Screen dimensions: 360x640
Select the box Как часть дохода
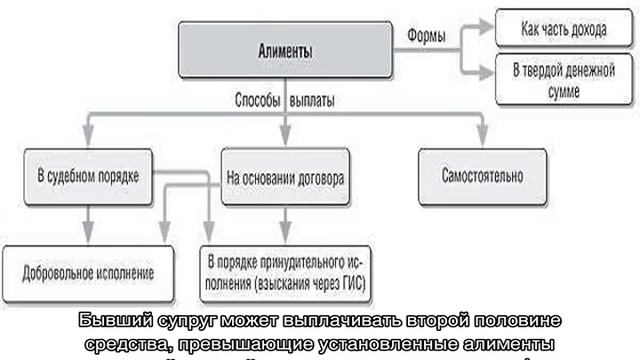click(562, 29)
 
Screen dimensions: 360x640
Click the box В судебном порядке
click(89, 176)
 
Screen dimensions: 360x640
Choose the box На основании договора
click(286, 177)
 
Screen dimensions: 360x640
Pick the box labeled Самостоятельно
click(482, 176)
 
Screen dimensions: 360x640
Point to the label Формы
click(427, 36)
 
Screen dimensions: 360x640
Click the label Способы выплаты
click(284, 102)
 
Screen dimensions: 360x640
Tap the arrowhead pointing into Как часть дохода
click(489, 29)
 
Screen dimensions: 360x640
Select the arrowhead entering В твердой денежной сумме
click(489, 72)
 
